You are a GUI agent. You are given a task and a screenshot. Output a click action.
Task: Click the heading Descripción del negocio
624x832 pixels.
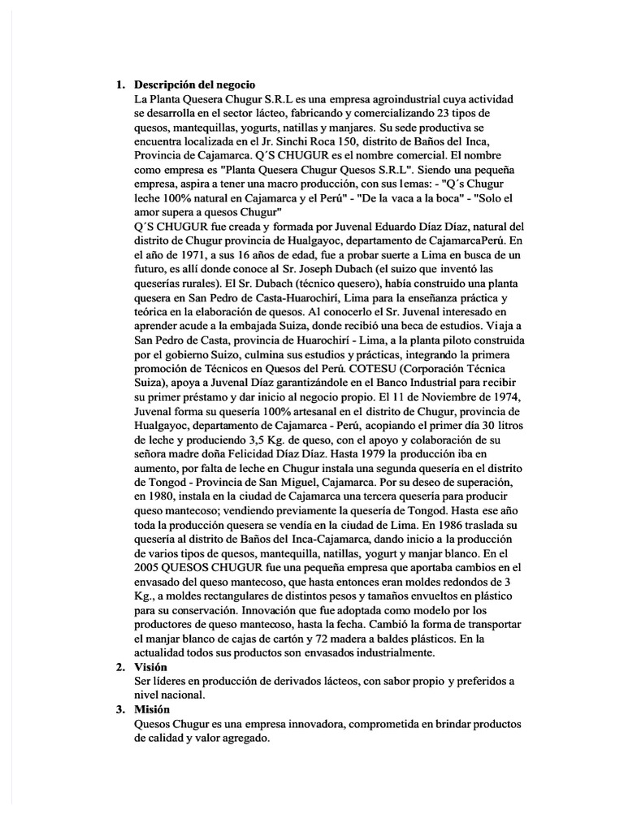[195, 84]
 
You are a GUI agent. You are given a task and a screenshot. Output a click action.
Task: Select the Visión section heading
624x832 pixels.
[150, 667]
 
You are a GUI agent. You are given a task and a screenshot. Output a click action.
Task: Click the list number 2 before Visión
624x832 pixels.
[119, 667]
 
